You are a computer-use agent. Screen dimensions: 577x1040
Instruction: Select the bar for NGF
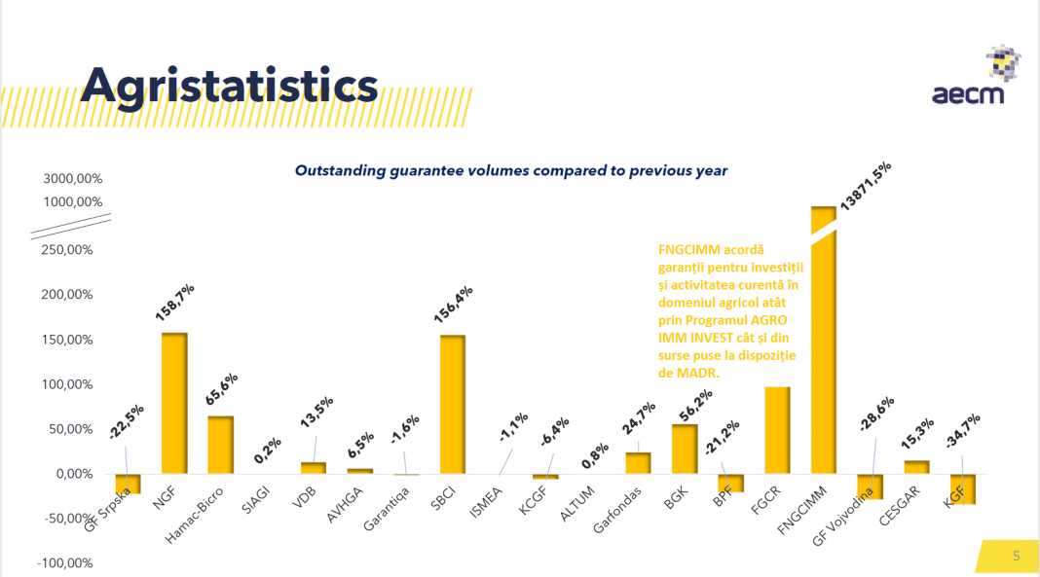pyautogui.click(x=174, y=403)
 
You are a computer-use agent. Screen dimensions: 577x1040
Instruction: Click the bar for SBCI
pyautogui.click(x=453, y=405)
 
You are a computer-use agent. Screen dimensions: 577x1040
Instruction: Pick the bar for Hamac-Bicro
pyautogui.click(x=221, y=445)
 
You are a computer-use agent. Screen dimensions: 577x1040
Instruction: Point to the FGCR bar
pyautogui.click(x=777, y=430)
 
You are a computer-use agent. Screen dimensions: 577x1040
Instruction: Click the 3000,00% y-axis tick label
pyautogui.click(x=72, y=179)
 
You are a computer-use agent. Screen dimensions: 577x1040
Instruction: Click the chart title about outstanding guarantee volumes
pyautogui.click(x=511, y=170)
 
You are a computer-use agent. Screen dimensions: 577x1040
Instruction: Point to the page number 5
pyautogui.click(x=1017, y=557)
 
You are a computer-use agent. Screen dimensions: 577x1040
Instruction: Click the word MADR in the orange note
pyautogui.click(x=698, y=372)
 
